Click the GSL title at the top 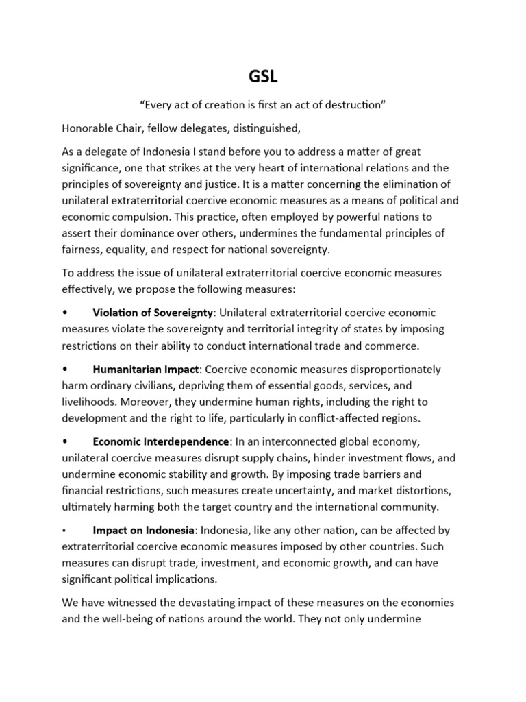[262, 77]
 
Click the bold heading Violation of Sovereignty [154, 313]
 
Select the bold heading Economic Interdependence [161, 441]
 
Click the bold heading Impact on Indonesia [144, 531]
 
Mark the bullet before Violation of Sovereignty [65, 313]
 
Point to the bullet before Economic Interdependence [65, 441]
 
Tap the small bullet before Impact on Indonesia [64, 531]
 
